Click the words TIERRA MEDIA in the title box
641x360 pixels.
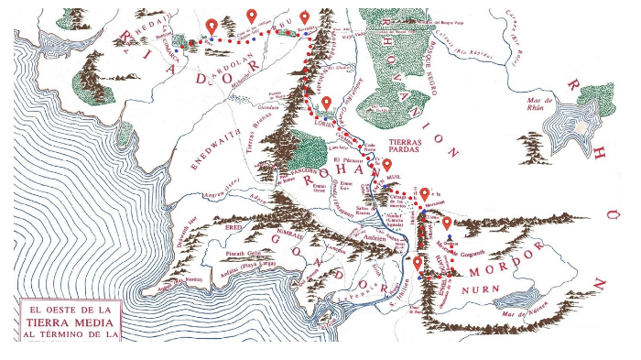click(68, 322)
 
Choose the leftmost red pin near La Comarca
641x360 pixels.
click(212, 26)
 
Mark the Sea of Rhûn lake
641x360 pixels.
click(569, 128)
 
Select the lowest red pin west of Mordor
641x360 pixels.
click(418, 265)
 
